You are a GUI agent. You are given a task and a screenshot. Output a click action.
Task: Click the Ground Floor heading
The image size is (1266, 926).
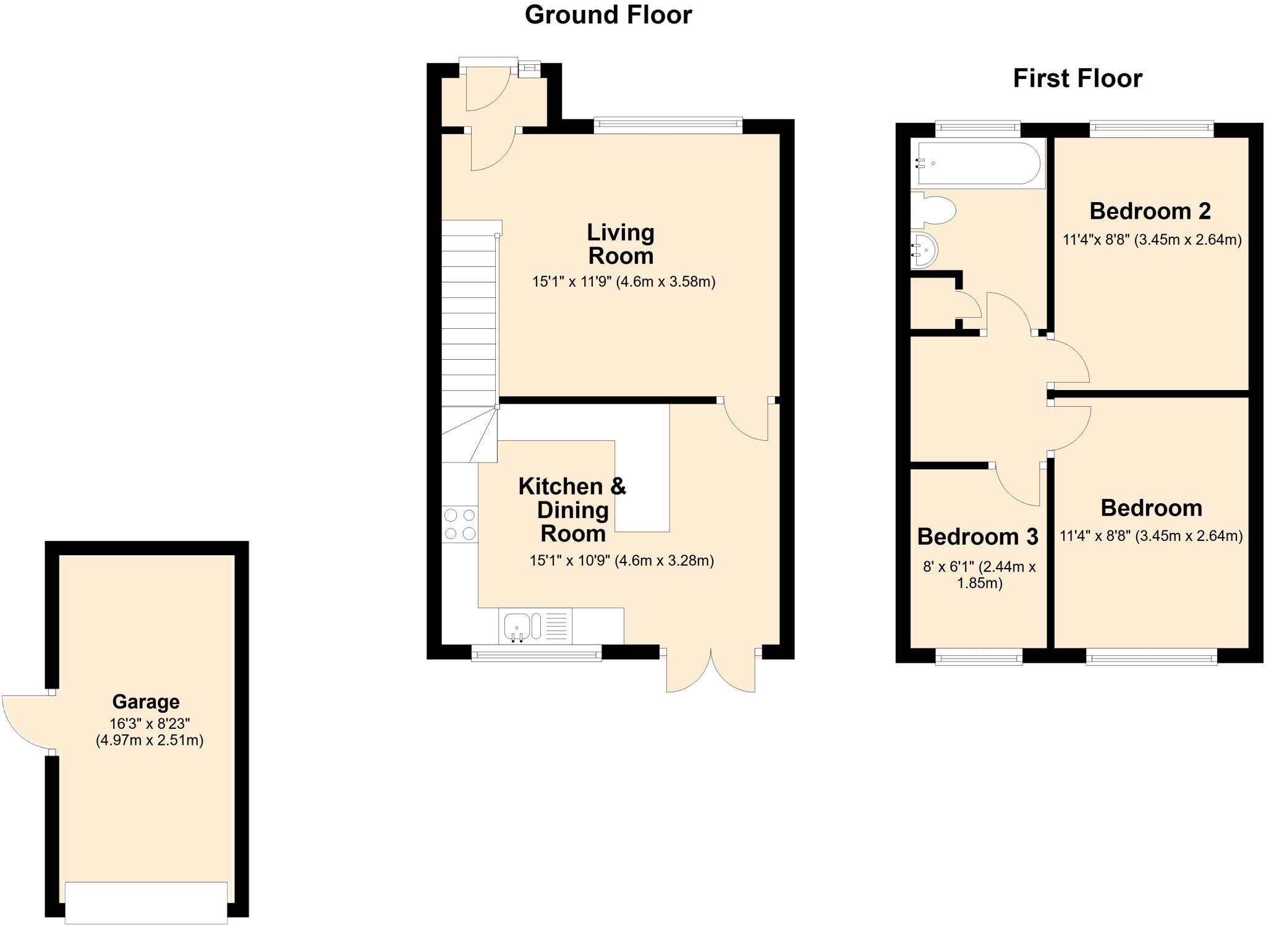pyautogui.click(x=608, y=15)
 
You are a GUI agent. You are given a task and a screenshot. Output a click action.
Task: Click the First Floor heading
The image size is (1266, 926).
pyautogui.click(x=1077, y=79)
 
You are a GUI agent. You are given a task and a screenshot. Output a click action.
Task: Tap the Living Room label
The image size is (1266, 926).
pyautogui.click(x=621, y=244)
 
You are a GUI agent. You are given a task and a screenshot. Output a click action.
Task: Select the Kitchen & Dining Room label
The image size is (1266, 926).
pyautogui.click(x=572, y=510)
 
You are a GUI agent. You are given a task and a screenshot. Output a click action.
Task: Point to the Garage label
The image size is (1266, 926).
pyautogui.click(x=146, y=702)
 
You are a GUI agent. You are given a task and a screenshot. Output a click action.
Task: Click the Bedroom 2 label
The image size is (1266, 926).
pyautogui.click(x=1150, y=211)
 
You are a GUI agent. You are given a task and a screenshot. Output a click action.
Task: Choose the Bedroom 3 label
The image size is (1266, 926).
pyautogui.click(x=977, y=537)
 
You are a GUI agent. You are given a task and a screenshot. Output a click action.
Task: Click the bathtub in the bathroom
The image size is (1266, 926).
pyautogui.click(x=979, y=164)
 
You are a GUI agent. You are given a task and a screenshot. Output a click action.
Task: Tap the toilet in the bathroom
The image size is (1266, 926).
pyautogui.click(x=933, y=210)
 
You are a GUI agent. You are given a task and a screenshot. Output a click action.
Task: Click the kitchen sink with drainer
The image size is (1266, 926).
pyautogui.click(x=535, y=626)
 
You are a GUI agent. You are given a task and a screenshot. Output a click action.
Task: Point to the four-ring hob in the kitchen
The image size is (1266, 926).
pyautogui.click(x=460, y=524)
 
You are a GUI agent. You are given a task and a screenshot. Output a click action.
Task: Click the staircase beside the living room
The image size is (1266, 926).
pyautogui.click(x=469, y=321)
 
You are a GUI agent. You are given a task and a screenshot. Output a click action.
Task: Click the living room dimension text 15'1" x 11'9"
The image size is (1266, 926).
pyautogui.click(x=623, y=282)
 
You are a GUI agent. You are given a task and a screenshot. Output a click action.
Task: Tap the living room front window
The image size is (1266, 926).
pyautogui.click(x=668, y=125)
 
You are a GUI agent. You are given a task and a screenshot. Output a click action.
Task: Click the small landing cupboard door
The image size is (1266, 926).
pyautogui.click(x=969, y=304)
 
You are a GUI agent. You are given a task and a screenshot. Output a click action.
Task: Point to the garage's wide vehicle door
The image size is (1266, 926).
pyautogui.click(x=146, y=903)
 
